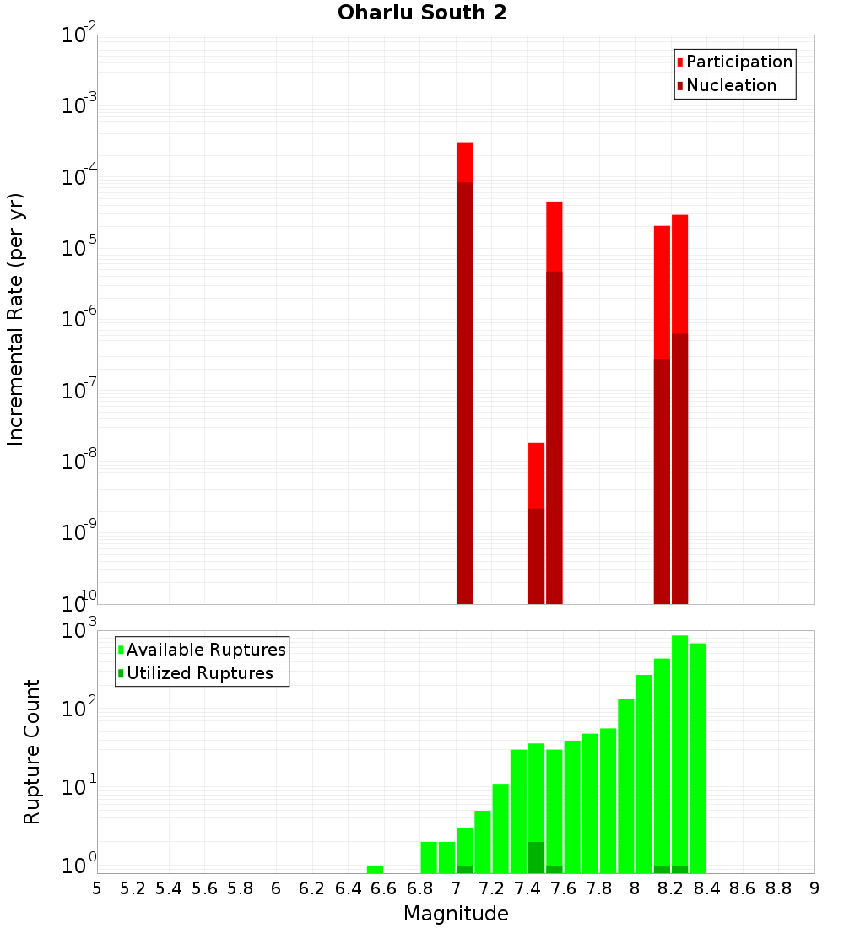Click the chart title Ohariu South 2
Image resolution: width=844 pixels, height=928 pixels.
[422, 13]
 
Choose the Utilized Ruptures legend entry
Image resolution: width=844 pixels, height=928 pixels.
[199, 674]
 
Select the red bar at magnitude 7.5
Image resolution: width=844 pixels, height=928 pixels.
[554, 236]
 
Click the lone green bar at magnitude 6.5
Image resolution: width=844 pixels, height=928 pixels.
[375, 869]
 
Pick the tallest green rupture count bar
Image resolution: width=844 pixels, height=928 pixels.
[679, 751]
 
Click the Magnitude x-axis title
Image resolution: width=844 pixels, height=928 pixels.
[456, 914]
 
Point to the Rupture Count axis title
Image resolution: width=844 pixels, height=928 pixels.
[32, 752]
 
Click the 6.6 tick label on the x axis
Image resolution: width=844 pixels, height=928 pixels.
[383, 888]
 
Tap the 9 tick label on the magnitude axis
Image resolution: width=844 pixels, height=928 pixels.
[814, 888]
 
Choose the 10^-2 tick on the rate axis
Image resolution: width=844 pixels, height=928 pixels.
[79, 36]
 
